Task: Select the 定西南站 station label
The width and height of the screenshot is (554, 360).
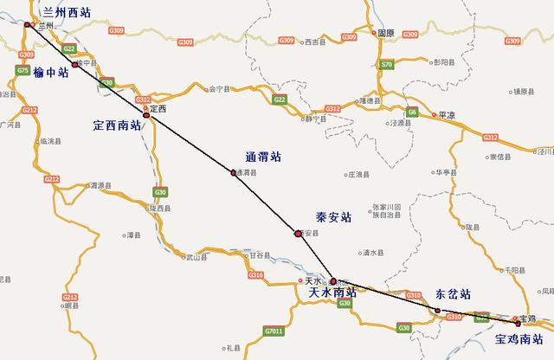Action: (117, 126)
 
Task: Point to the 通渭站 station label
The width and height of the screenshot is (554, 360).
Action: (263, 157)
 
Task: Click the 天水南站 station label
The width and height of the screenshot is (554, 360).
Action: (342, 292)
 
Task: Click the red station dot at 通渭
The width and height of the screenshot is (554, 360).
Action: (233, 171)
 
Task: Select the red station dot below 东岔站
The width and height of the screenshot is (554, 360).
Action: (437, 311)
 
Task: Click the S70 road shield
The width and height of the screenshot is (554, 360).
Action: (387, 65)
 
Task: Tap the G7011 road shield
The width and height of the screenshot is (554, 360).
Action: (274, 330)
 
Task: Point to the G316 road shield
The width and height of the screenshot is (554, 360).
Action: (255, 274)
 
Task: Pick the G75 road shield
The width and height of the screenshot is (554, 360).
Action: (23, 71)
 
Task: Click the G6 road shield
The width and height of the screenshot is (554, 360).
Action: (413, 112)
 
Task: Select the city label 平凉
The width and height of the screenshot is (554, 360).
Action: (447, 113)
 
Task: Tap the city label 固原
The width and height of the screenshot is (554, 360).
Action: (385, 33)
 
